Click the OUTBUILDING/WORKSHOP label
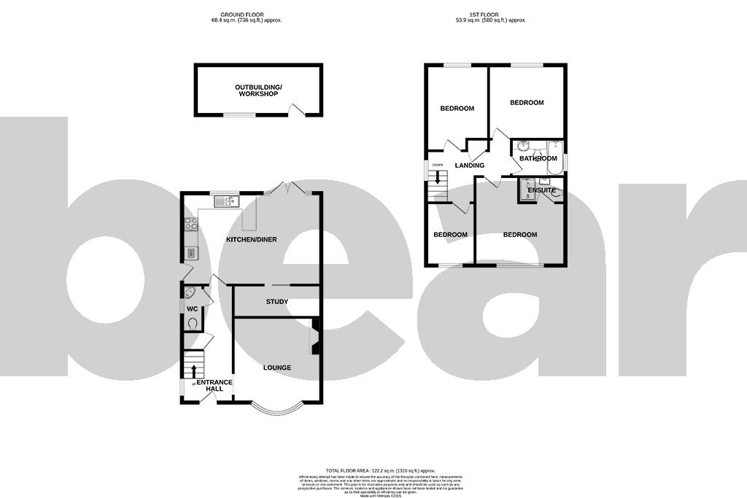258,90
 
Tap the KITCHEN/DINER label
249,240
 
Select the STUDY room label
276,302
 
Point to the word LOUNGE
276,367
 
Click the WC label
192,309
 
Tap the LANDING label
469,166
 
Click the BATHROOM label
538,158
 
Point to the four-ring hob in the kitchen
191,225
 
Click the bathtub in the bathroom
554,158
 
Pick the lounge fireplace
315,338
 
